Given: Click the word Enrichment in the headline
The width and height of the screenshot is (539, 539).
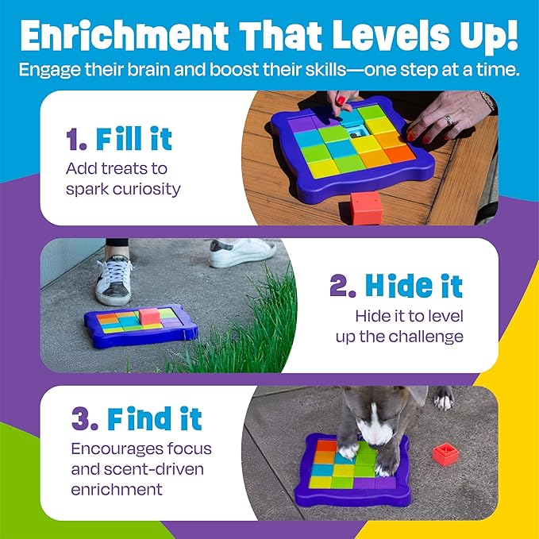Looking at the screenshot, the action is [125, 36].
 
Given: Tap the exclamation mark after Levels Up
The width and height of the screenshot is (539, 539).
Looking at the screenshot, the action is [512, 36].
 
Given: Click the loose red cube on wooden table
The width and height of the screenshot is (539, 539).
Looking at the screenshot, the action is [366, 208].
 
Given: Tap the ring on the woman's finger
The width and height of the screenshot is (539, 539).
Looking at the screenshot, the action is [449, 121].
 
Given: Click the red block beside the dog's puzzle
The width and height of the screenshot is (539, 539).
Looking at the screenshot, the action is [445, 454].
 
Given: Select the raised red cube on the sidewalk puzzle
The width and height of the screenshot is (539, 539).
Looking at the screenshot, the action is [149, 316].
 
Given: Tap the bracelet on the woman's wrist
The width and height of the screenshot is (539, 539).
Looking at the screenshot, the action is [487, 101].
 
